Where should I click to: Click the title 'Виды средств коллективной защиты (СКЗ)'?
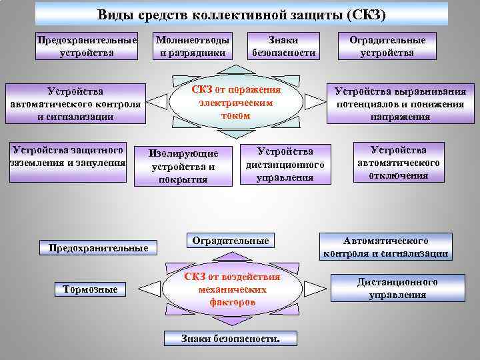241,14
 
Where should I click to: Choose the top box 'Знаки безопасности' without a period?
283,46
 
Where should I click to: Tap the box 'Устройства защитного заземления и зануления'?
67,155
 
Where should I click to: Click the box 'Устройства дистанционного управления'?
285,163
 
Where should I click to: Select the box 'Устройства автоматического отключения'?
399,162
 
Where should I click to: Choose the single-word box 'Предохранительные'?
94,248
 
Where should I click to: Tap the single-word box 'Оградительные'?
230,240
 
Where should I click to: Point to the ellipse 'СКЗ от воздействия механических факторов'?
233,289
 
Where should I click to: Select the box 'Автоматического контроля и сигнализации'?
386,246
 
